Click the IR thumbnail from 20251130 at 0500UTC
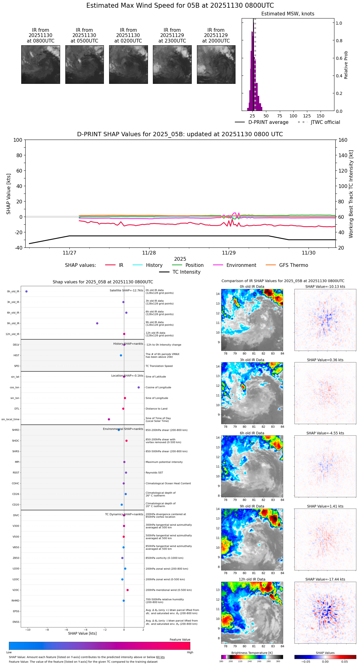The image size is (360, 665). click(84, 64)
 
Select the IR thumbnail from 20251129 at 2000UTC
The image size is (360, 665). click(216, 64)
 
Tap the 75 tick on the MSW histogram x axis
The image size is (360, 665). click(280, 116)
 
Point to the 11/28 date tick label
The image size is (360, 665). click(149, 253)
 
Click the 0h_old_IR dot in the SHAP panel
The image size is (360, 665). click(27, 292)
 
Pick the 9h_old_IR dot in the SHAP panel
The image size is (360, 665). click(97, 323)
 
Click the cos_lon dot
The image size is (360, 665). click(139, 387)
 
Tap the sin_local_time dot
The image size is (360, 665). click(109, 419)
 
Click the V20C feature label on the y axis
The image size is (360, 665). click(16, 590)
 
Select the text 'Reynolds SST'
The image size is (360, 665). click(154, 473)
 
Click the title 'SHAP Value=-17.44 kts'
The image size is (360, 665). click(325, 579)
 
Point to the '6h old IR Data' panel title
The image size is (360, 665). click(252, 433)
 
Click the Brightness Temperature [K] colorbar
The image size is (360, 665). click(252, 657)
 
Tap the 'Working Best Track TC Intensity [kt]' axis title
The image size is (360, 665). click(351, 194)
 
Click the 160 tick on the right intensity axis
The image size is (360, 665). click(343, 140)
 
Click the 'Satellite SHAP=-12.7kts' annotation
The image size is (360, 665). click(126, 290)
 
